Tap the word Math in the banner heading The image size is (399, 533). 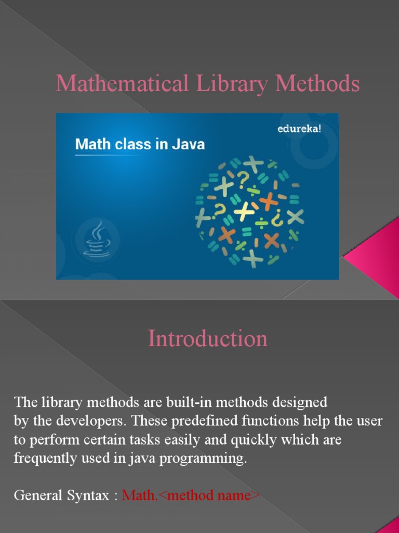coord(91,144)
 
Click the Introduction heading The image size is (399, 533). coord(208,339)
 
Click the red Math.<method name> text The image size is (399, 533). coord(191,496)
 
